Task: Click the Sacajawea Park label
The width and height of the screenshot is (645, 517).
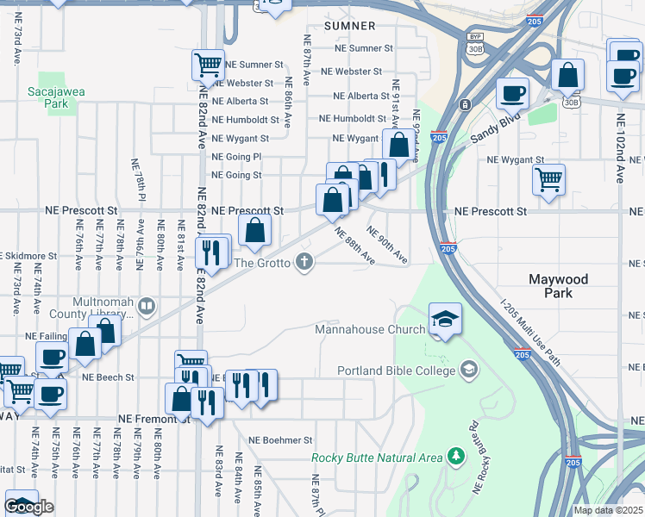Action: (x=47, y=97)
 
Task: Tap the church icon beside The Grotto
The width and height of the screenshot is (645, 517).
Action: (x=304, y=262)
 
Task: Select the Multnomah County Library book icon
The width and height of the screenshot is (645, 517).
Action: (x=147, y=305)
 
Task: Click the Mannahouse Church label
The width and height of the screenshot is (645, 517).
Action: (x=370, y=329)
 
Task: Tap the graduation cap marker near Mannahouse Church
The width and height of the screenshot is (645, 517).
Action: (x=445, y=321)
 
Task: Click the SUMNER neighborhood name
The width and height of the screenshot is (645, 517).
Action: (x=350, y=27)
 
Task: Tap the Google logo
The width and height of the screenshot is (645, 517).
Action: (x=28, y=507)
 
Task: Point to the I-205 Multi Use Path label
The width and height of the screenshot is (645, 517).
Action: (x=530, y=333)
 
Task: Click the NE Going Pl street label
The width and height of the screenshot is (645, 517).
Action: (x=236, y=157)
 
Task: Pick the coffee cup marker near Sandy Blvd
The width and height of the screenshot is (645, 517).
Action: (x=512, y=93)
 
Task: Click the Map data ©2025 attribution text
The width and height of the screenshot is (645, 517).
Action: (x=608, y=510)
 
